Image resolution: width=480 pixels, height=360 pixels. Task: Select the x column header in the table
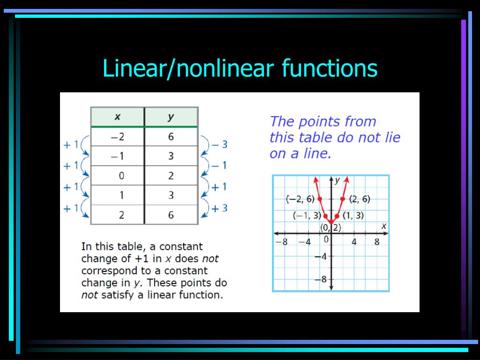[x=117, y=117]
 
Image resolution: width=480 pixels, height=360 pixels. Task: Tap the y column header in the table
[x=171, y=117]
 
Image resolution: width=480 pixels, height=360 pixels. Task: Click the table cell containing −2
[x=117, y=136]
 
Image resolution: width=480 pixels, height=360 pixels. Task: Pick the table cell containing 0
[x=121, y=176]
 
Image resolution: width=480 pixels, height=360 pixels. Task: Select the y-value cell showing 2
[x=171, y=176]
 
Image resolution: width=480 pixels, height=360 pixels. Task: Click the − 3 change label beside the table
[x=219, y=144]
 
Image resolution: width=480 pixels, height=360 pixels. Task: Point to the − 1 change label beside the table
[x=219, y=165]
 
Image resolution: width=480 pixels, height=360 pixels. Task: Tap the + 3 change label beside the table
[x=219, y=208]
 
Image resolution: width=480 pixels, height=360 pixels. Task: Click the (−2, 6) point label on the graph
[x=300, y=199]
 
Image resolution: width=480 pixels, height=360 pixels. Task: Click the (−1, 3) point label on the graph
[x=307, y=216]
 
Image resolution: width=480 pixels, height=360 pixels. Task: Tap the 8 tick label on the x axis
[x=377, y=242]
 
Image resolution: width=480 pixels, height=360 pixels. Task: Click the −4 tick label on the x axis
[x=305, y=242]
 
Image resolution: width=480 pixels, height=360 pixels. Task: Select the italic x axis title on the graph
[x=383, y=226]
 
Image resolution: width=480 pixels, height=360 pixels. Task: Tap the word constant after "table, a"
[x=180, y=247]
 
